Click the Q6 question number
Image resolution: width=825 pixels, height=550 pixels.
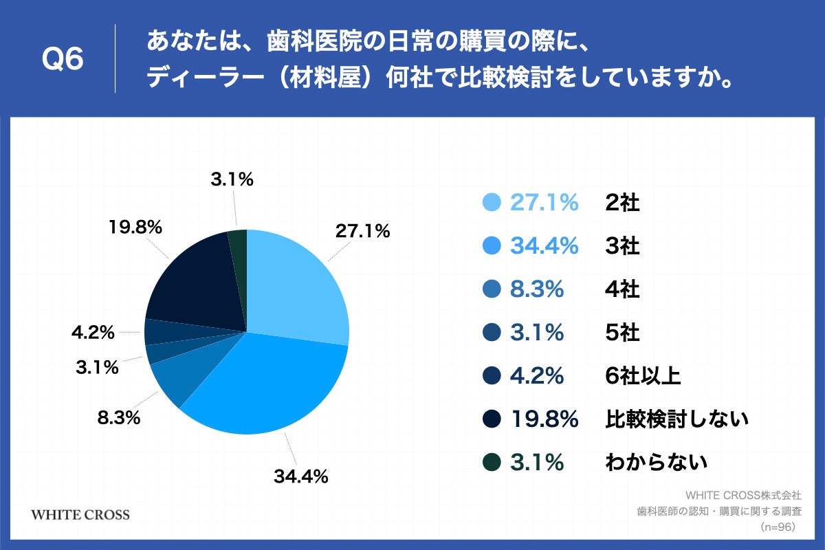coord(63,59)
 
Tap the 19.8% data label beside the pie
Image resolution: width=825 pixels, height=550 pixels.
coord(135,226)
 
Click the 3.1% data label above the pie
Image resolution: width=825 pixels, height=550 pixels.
coord(232,180)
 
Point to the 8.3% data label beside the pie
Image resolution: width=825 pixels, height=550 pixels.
coord(118,417)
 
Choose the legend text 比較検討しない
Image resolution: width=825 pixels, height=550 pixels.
coord(676,419)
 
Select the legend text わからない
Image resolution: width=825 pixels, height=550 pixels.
coord(656,463)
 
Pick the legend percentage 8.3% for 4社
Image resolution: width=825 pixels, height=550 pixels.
coord(537,289)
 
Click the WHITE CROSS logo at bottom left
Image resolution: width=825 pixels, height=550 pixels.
coord(80,515)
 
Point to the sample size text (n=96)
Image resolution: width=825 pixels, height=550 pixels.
coord(778,527)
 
